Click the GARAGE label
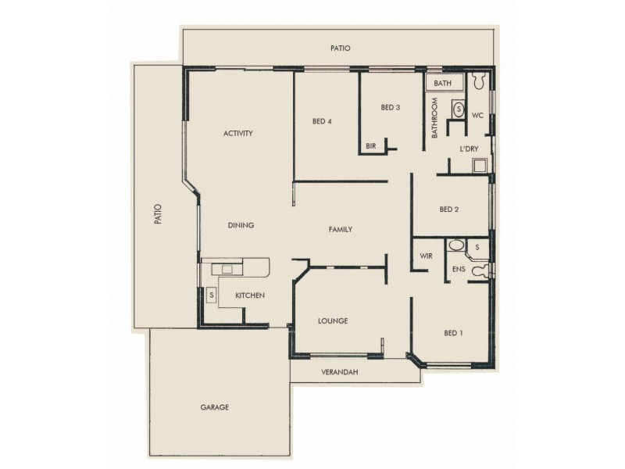pyautogui.click(x=214, y=407)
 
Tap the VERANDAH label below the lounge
pyautogui.click(x=339, y=372)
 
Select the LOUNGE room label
pyautogui.click(x=332, y=321)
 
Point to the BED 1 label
pyautogui.click(x=453, y=333)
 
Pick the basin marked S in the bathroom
pyautogui.click(x=458, y=109)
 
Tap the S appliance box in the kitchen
pyautogui.click(x=210, y=295)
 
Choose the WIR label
pyautogui.click(x=426, y=256)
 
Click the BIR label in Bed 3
pyautogui.click(x=372, y=145)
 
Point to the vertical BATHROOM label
pyautogui.click(x=435, y=118)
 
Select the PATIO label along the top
pyautogui.click(x=340, y=48)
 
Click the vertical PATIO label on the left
pyautogui.click(x=157, y=215)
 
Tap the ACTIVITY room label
pyautogui.click(x=237, y=134)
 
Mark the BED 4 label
pyautogui.click(x=322, y=121)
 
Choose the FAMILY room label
pyautogui.click(x=340, y=230)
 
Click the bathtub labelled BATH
pyautogui.click(x=444, y=83)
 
